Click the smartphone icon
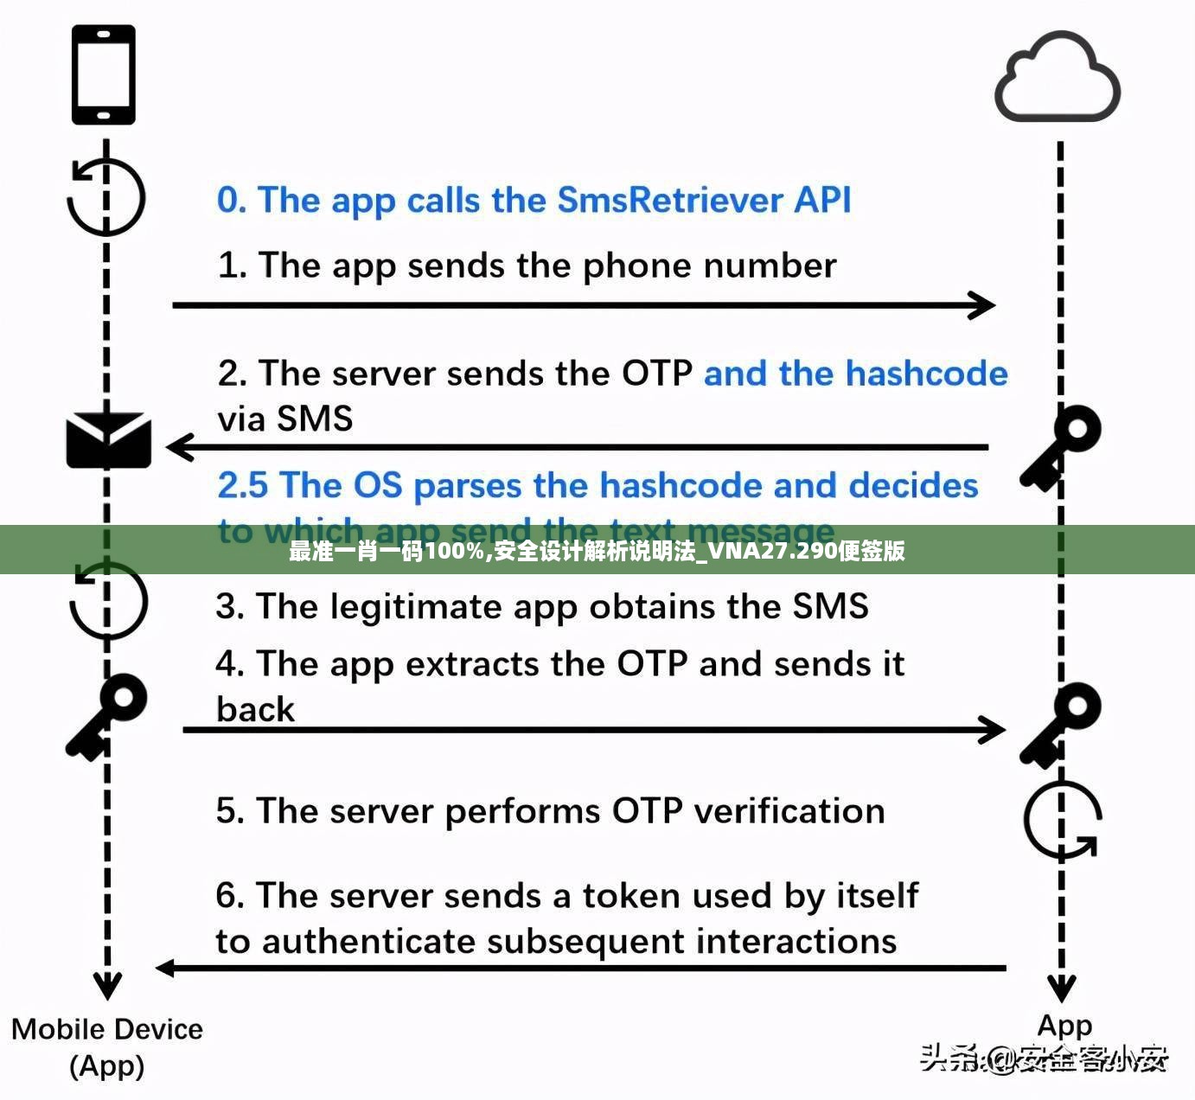103,74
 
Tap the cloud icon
1057,78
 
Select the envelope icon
108,440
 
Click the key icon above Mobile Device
107,715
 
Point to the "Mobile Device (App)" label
107,1046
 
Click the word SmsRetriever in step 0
670,201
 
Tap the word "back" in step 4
255,710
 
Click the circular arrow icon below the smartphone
106,197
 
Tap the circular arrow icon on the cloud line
1063,820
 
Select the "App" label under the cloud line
1064,1026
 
